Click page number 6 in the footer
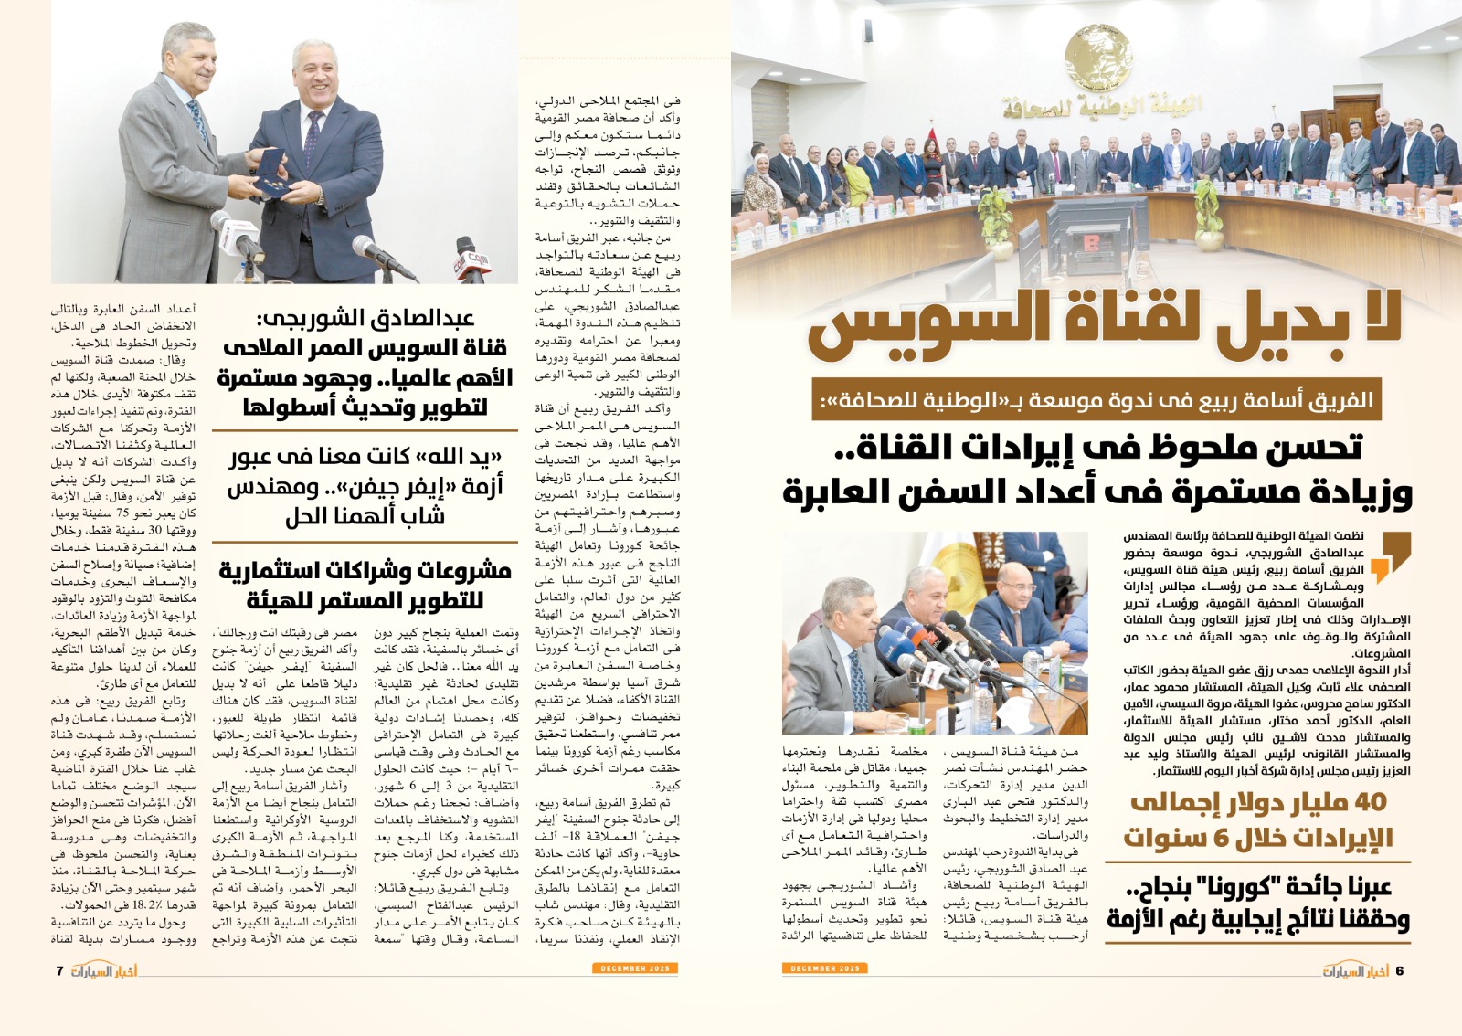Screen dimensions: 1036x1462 tap(1399, 970)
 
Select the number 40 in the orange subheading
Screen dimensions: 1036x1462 tap(1366, 803)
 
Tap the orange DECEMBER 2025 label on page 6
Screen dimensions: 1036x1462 tap(824, 967)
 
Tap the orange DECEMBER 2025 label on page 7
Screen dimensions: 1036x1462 tap(635, 967)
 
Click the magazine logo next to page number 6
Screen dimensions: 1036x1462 tap(1355, 970)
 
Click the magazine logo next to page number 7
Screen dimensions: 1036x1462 tap(104, 970)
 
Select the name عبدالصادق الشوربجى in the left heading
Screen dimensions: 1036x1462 tap(365, 318)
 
